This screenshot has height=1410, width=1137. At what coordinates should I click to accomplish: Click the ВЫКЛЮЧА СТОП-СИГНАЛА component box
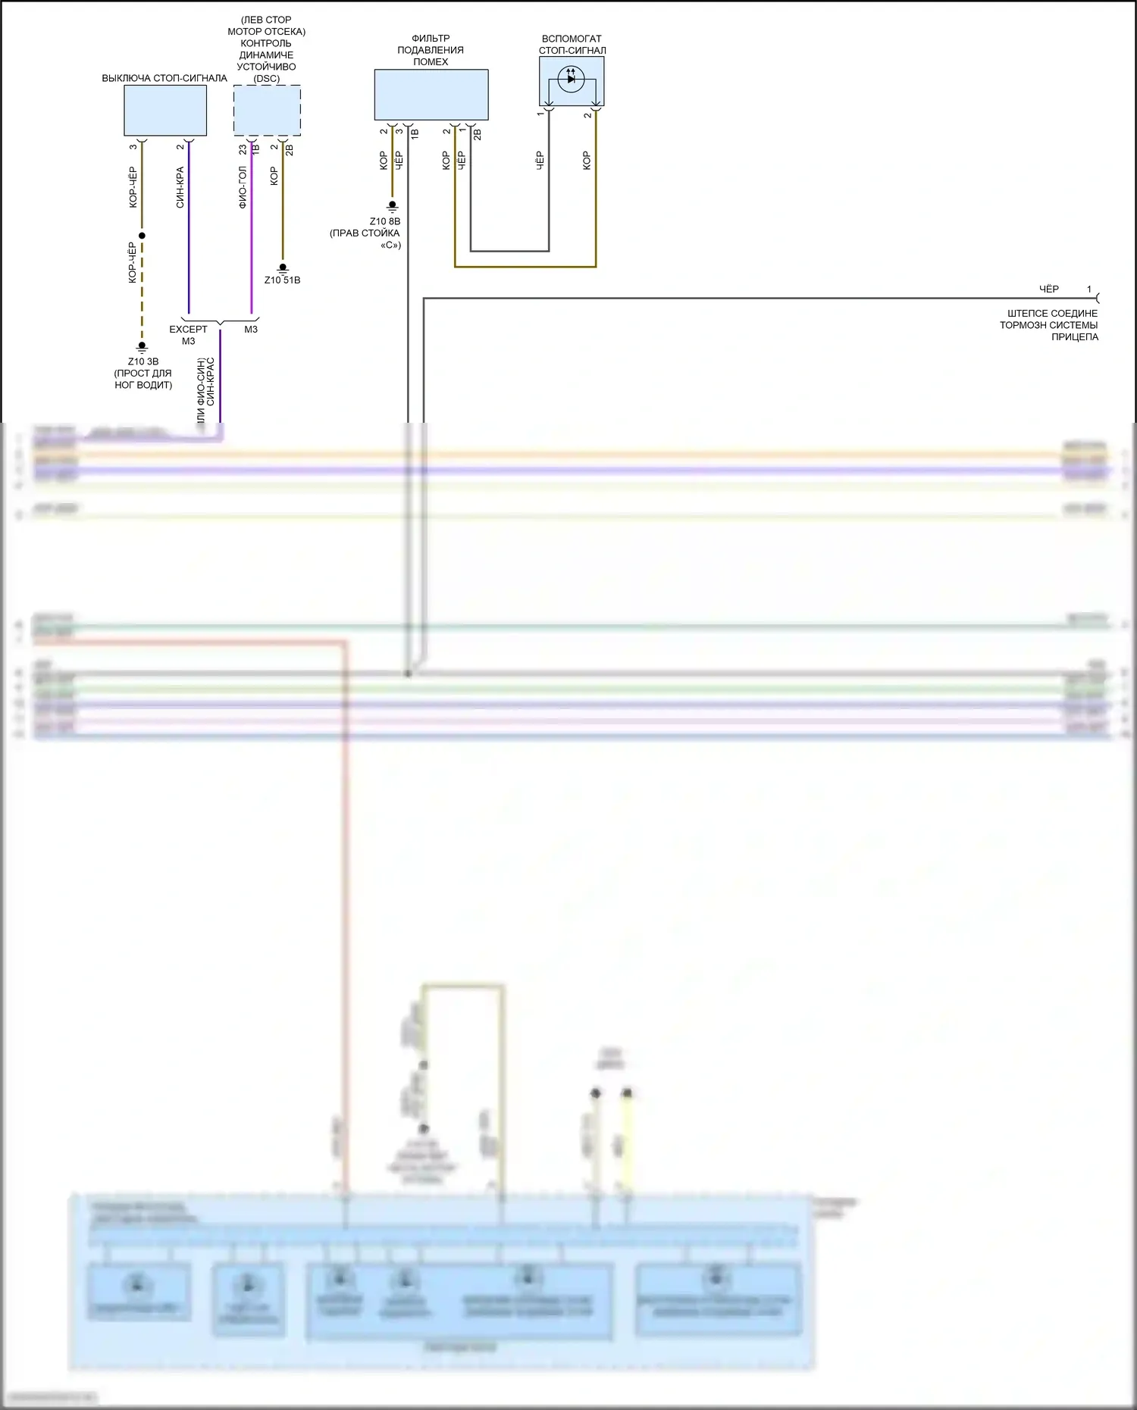coord(164,110)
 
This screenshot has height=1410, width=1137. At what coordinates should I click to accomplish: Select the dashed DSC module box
coord(266,110)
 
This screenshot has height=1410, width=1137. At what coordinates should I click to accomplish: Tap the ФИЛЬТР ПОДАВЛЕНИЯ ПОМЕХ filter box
coord(431,95)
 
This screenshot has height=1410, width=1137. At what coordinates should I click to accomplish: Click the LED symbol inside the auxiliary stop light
coord(571,79)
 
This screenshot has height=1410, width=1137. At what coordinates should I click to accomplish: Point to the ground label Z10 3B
coord(143,361)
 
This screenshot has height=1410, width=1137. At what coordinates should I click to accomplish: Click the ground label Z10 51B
coord(282,280)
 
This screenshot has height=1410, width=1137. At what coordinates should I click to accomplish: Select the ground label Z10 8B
coord(384,221)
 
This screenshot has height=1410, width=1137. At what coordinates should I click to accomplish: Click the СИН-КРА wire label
coord(180,187)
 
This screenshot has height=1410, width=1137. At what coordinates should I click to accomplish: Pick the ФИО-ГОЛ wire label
coord(243,187)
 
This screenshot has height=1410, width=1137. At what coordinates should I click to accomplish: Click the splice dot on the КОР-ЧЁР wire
coord(142,236)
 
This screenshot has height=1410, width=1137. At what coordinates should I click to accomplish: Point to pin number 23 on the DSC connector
coord(243,150)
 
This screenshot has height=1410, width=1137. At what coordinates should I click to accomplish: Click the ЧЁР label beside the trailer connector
coord(1048,289)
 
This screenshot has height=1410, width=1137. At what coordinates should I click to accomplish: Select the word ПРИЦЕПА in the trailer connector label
coord(1074,337)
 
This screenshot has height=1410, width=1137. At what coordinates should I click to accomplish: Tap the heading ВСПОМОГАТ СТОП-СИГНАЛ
coord(572,45)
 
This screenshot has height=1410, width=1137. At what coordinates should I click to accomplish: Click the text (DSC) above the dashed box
coord(266,79)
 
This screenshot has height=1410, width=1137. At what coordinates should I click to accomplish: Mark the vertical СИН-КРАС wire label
coord(211,381)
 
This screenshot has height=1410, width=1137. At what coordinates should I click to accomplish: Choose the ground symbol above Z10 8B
coord(392,205)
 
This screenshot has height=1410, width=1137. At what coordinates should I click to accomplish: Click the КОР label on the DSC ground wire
coord(274,176)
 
